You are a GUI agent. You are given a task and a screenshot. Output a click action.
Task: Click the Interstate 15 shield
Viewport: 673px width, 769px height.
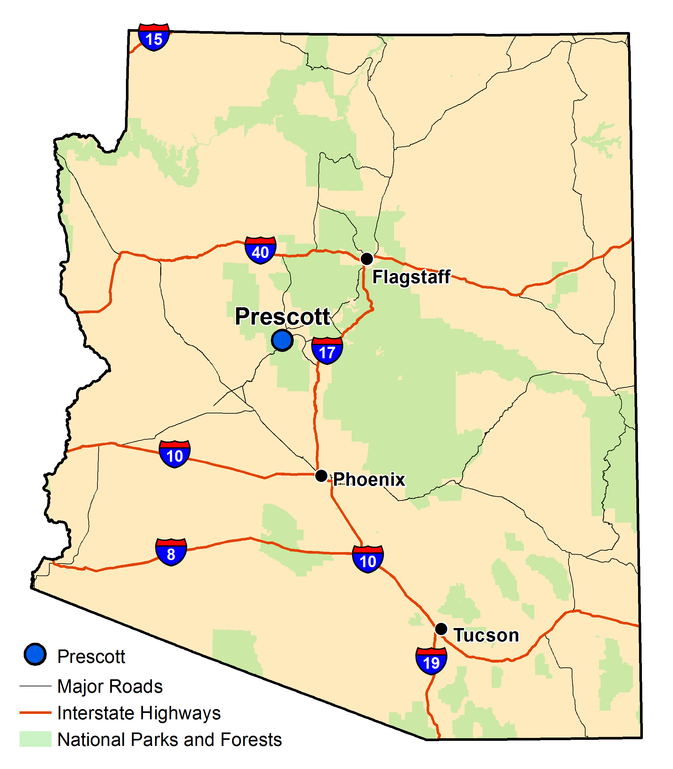[154, 37]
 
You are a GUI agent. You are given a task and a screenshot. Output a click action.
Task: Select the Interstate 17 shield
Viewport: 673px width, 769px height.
[327, 351]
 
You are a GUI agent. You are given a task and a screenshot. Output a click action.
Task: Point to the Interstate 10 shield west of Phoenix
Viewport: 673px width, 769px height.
[175, 454]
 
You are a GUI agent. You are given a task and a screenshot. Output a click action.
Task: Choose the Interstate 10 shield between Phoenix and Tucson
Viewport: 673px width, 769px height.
[368, 559]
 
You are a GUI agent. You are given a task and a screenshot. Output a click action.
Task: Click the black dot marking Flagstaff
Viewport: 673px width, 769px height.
[367, 258]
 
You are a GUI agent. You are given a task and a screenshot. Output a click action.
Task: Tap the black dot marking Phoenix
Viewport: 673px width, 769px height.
[321, 476]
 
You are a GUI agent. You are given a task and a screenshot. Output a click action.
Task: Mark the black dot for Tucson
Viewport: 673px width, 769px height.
[441, 628]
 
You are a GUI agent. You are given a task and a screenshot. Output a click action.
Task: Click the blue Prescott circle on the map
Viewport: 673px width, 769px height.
[282, 340]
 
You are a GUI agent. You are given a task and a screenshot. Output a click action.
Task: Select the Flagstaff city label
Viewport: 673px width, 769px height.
[411, 277]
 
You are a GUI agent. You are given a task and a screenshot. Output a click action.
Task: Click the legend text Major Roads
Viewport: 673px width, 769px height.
[110, 686]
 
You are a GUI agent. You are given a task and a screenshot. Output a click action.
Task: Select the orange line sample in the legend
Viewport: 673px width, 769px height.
[35, 712]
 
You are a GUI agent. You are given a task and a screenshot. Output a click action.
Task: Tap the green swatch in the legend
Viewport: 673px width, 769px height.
[35, 739]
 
